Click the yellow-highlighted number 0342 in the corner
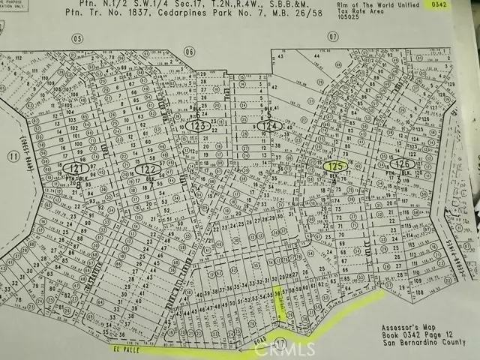coord(457,7)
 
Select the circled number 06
coord(188,52)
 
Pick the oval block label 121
coord(75,166)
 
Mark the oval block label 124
coord(271,127)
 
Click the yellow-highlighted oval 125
coord(336,166)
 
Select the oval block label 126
coord(403,163)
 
